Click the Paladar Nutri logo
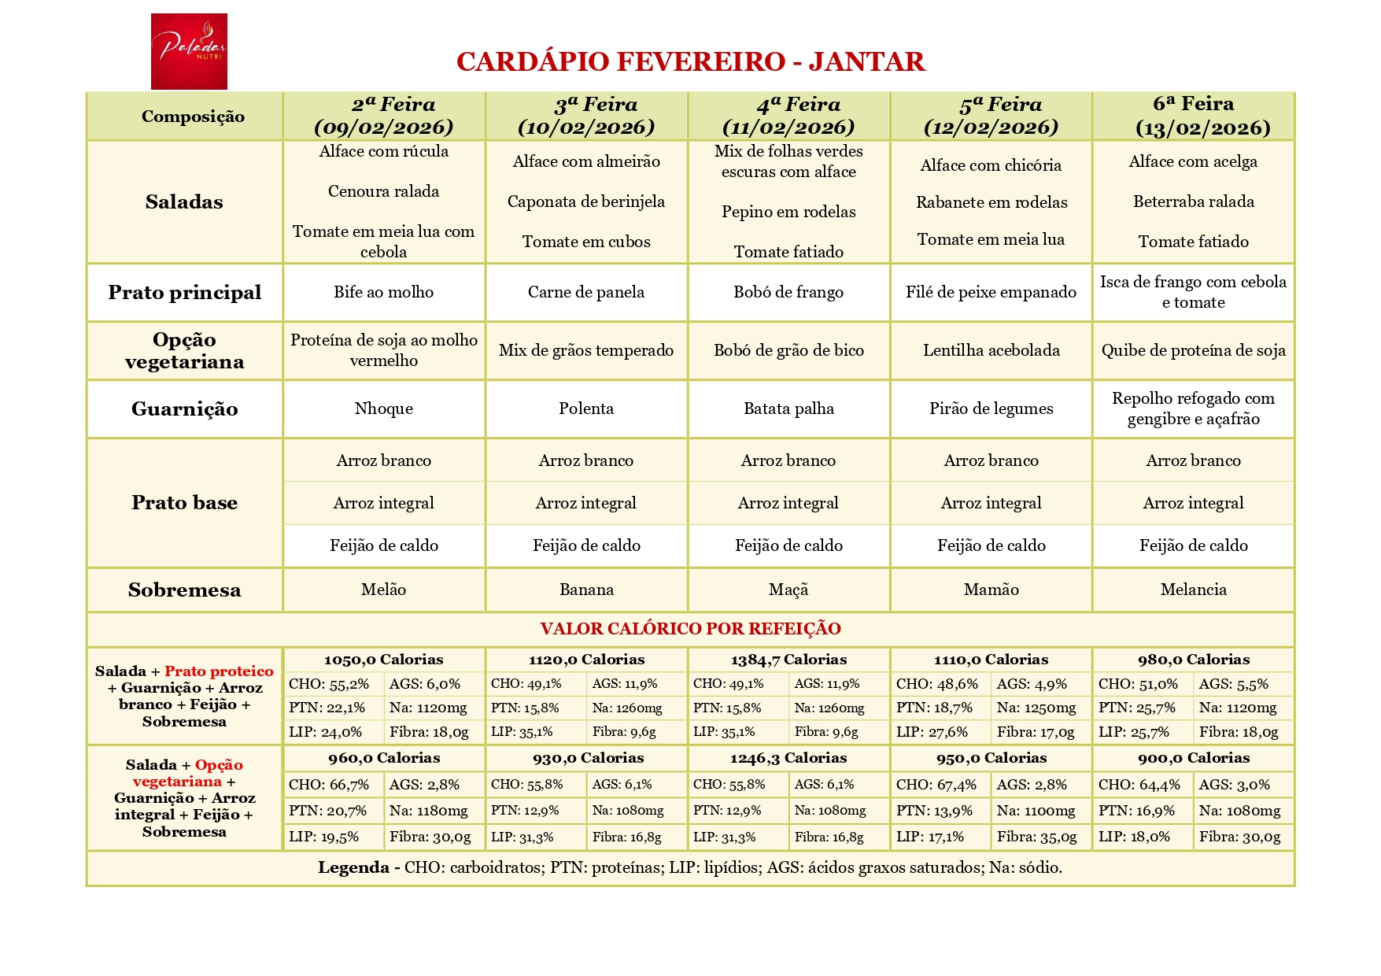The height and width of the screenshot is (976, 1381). (x=189, y=51)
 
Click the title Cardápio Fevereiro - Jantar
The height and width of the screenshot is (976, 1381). (x=690, y=61)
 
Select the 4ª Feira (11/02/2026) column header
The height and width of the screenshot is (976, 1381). (x=788, y=116)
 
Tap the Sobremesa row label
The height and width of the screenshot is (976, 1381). (x=184, y=590)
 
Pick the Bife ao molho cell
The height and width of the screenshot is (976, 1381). (x=383, y=292)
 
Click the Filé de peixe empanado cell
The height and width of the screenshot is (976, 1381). (x=991, y=292)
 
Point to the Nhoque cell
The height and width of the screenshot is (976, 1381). (x=383, y=409)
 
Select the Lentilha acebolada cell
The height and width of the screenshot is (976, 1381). (x=991, y=350)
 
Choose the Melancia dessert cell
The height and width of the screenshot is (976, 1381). (x=1193, y=590)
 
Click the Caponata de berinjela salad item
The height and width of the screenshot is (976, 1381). (x=585, y=201)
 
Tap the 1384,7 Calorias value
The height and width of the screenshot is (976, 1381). (x=788, y=660)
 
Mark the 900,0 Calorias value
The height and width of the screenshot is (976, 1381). (x=1193, y=758)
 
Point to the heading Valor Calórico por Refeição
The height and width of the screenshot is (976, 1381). (x=690, y=629)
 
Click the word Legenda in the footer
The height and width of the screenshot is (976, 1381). (x=353, y=867)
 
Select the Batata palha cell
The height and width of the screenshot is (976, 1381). (x=788, y=409)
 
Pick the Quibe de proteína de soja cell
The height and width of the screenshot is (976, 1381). (x=1193, y=350)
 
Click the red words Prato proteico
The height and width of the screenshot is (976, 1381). (x=219, y=671)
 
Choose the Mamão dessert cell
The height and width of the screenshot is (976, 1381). (x=991, y=590)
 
